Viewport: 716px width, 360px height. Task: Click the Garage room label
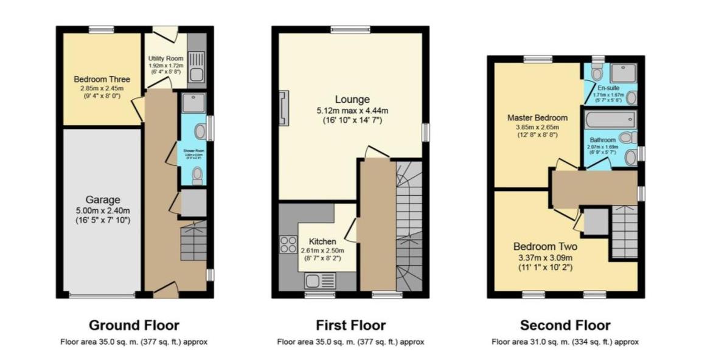pos(102,199)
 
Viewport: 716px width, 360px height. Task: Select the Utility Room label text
pos(166,59)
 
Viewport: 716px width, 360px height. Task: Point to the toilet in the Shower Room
pos(196,176)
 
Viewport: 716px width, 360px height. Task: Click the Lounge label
pos(352,99)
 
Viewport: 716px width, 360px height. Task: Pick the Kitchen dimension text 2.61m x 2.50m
pos(322,251)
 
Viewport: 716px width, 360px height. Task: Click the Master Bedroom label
pos(537,118)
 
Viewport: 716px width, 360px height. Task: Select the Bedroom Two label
pos(545,247)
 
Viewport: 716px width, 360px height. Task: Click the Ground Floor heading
pos(134,325)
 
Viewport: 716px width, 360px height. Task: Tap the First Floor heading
pos(350,325)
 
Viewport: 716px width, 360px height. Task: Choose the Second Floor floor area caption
pos(565,342)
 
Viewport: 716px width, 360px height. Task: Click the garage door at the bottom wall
pos(102,296)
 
